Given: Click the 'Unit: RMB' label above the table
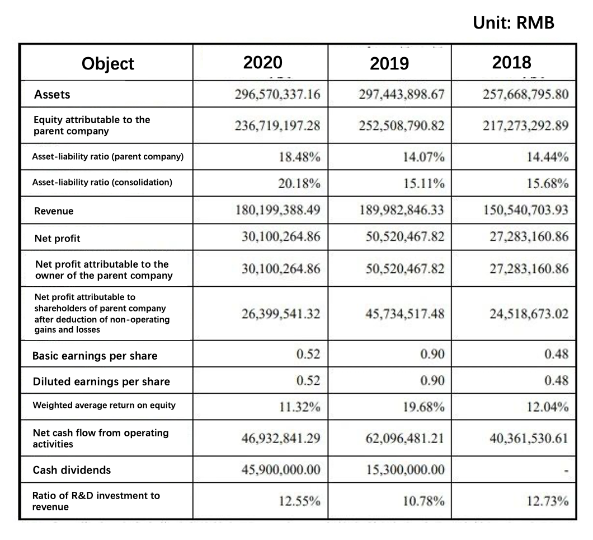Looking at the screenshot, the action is click(514, 23).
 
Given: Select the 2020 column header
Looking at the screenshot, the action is click(262, 63).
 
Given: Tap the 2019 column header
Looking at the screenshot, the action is click(389, 63).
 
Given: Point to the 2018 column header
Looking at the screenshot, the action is click(511, 63).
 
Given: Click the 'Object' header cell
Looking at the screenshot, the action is click(108, 64).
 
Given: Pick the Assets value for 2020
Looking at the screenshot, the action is click(277, 94).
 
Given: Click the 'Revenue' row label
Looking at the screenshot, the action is click(54, 211).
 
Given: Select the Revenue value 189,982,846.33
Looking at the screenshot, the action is click(402, 210).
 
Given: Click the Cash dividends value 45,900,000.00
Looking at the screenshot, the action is click(281, 470).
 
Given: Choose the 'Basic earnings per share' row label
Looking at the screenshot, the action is click(95, 356).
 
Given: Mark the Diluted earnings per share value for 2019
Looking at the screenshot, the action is click(432, 380).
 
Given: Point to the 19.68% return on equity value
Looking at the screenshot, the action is click(423, 407).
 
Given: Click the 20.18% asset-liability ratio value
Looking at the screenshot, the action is click(299, 184).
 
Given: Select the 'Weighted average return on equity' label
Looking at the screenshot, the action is click(104, 405).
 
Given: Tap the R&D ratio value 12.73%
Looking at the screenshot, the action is click(547, 501).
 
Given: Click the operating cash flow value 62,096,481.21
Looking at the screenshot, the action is click(404, 439).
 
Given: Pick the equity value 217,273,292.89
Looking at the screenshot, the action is click(525, 125).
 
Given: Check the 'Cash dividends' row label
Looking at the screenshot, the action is click(72, 470).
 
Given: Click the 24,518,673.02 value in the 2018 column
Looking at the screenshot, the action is click(529, 314).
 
